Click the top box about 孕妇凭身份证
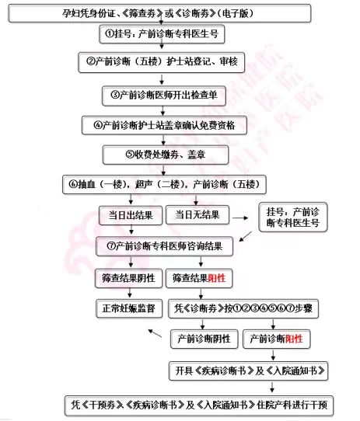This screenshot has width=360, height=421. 159,13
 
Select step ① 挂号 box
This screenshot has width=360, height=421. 162,34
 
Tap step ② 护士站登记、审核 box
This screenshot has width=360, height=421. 162,62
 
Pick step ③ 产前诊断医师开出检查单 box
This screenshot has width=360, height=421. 164,96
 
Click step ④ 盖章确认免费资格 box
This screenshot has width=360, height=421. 164,125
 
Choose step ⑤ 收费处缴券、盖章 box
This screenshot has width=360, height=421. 166,155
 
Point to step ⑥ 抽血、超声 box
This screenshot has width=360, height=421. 164,184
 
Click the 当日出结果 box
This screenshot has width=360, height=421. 131,215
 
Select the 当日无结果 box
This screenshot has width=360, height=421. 197,215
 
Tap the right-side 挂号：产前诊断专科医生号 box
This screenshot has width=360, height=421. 293,217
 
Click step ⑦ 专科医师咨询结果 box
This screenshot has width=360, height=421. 164,246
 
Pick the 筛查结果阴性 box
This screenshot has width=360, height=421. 129,278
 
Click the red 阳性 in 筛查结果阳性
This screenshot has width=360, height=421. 217,278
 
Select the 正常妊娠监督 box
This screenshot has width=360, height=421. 129,308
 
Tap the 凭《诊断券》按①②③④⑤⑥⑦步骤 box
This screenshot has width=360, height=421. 243,308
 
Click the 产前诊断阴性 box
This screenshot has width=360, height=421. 204,339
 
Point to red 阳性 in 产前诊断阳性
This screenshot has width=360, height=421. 294,339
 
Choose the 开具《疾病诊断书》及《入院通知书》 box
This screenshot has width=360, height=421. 249,371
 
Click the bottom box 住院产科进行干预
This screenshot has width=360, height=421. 199,405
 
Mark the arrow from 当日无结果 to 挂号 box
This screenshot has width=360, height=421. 240,218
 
